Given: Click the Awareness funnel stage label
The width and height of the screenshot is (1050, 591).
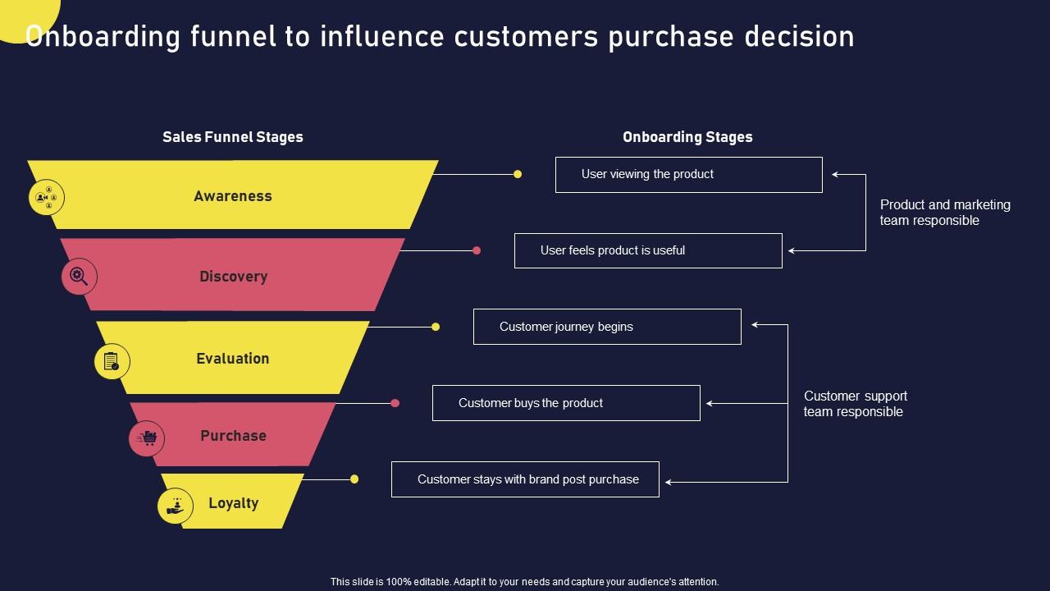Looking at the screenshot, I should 233,196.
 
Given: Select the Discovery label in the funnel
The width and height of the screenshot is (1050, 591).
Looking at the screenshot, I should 233,277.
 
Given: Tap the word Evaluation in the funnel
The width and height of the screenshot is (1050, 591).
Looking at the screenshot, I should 233,359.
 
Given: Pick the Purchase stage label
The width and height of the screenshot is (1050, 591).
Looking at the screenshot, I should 233,436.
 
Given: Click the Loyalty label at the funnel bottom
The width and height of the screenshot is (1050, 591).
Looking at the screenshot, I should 233,503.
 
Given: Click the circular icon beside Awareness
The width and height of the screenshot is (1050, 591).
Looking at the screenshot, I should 47,198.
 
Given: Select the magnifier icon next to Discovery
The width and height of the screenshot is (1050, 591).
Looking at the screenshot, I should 80,277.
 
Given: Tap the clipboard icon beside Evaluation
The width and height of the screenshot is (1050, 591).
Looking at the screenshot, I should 112,361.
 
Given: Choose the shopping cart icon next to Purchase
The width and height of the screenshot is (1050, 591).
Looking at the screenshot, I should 147,438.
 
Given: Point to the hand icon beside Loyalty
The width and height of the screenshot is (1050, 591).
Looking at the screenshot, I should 176,506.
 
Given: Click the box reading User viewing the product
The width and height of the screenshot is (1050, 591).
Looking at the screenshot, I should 688,175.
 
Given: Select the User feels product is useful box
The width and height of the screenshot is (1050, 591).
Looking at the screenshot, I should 648,250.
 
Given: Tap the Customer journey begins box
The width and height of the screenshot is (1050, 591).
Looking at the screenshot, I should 607,327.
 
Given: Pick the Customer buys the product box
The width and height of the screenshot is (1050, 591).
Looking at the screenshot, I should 566,403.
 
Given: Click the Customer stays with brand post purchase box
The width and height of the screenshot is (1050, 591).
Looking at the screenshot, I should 525,479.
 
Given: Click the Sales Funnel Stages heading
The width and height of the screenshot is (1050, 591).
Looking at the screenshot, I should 233,137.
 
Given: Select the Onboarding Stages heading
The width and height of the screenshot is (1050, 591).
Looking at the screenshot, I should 687,137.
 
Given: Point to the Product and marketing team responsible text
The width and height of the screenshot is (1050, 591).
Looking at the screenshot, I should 945,213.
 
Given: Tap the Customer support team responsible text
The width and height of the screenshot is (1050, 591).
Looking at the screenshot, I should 855,404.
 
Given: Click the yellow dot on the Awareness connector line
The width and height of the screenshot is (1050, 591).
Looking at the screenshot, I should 518,174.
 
